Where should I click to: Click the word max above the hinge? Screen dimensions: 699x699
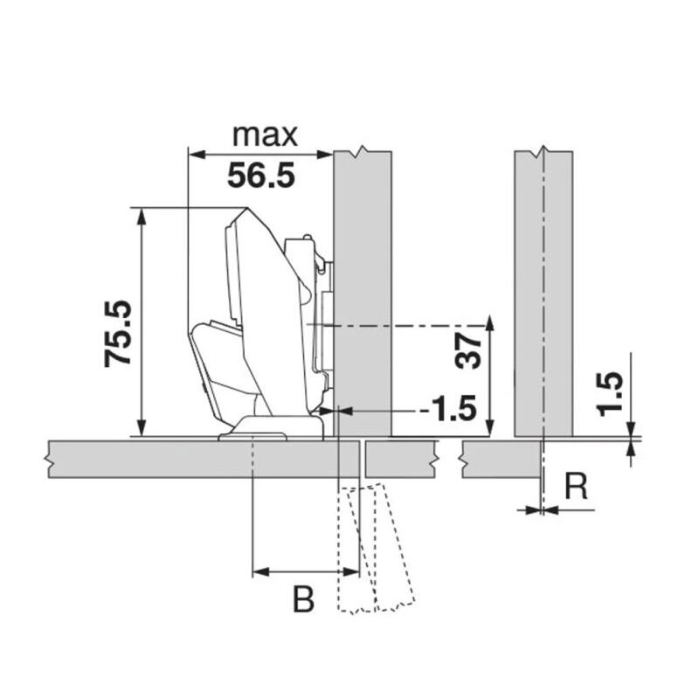pyautogui.click(x=265, y=135)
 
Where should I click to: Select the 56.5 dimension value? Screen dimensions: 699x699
pyautogui.click(x=261, y=176)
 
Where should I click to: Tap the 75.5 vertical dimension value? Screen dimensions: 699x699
pyautogui.click(x=118, y=334)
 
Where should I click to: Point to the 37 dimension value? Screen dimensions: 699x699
pyautogui.click(x=468, y=352)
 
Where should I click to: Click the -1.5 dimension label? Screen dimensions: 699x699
pyautogui.click(x=448, y=409)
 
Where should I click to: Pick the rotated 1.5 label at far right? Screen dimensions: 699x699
pyautogui.click(x=610, y=394)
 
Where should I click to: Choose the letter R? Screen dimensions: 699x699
pyautogui.click(x=576, y=487)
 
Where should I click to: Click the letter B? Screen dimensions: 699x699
pyautogui.click(x=303, y=599)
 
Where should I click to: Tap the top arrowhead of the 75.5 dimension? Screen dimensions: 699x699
pyautogui.click(x=142, y=217)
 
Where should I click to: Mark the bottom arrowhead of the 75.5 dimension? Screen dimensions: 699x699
pyautogui.click(x=142, y=428)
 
